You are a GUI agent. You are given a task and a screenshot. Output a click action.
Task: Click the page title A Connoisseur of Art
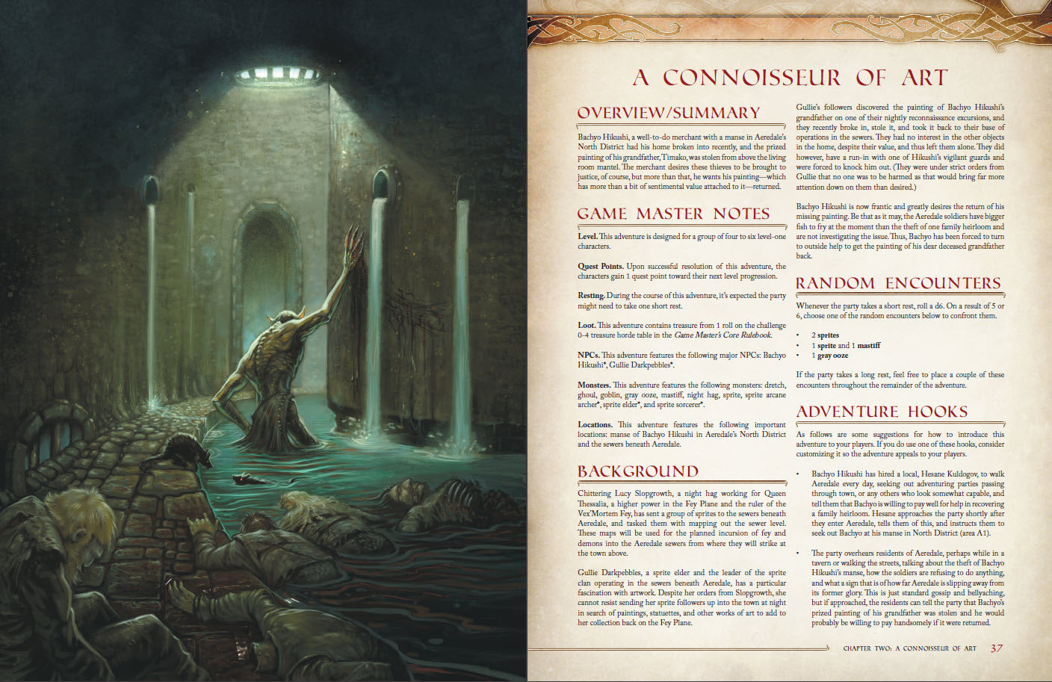point(790,78)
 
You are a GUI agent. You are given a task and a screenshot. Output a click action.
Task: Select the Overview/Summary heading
point(669,113)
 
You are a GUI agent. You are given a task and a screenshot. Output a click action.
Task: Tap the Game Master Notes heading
point(673,214)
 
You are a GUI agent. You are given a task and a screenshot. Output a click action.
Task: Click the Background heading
point(637,471)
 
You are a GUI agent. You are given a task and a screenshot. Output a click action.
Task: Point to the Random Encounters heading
point(898,283)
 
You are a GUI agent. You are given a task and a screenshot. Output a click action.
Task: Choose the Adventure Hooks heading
point(882,412)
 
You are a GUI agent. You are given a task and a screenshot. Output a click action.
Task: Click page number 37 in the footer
point(997,648)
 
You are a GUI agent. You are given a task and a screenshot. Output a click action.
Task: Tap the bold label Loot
point(587,326)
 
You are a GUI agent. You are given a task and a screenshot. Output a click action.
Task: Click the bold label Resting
point(591,296)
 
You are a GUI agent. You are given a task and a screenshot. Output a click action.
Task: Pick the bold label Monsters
point(593,385)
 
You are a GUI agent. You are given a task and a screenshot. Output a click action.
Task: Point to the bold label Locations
point(595,425)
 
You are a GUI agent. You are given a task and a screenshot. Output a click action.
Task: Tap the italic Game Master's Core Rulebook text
point(723,335)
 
